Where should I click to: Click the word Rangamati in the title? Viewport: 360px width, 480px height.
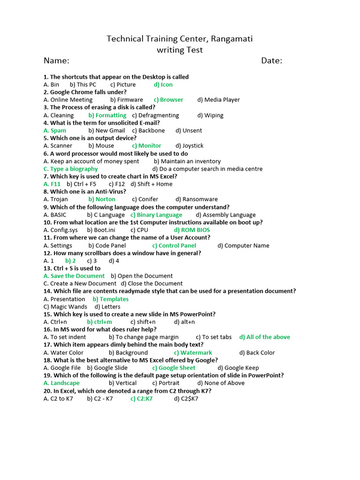(x=229, y=38)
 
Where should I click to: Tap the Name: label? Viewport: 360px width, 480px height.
(x=56, y=60)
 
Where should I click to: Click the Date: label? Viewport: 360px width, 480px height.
(x=271, y=60)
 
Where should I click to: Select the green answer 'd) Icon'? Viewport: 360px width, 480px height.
(x=163, y=85)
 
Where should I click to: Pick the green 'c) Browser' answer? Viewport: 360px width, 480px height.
(x=168, y=100)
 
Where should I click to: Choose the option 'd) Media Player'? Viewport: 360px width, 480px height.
(x=218, y=100)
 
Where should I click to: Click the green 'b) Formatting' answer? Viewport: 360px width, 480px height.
(x=107, y=115)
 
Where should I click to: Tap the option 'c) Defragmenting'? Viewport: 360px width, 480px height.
(x=156, y=115)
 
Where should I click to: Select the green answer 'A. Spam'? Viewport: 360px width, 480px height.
(x=55, y=130)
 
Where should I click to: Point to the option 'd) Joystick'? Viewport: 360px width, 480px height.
(x=189, y=146)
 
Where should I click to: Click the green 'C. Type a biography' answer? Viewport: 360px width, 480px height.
(x=71, y=169)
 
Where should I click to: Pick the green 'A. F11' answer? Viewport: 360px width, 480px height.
(x=52, y=184)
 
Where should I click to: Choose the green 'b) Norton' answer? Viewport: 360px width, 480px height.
(x=102, y=199)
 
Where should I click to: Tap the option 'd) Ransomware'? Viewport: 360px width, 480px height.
(x=196, y=199)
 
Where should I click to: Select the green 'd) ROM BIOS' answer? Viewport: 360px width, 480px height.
(x=192, y=230)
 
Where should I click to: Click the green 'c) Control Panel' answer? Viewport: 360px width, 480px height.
(x=174, y=246)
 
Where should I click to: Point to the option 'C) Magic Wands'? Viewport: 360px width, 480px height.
(x=65, y=307)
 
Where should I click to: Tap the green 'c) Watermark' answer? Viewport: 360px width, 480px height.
(x=193, y=352)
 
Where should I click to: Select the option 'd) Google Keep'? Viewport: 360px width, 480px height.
(x=238, y=368)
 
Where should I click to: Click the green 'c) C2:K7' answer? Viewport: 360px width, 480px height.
(x=142, y=398)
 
